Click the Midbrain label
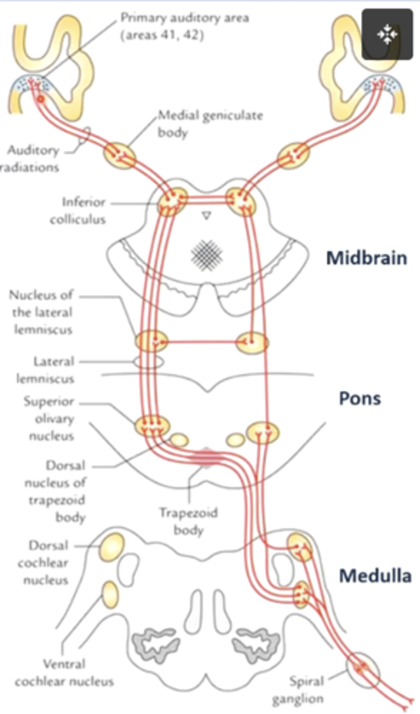(x=366, y=258)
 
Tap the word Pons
(x=359, y=398)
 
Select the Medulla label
(x=375, y=575)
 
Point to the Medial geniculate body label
(x=210, y=123)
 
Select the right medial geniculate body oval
(x=293, y=156)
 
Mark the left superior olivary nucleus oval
(x=152, y=425)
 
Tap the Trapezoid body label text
(x=188, y=521)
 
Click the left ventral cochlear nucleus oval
(x=111, y=594)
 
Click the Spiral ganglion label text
(x=306, y=688)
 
